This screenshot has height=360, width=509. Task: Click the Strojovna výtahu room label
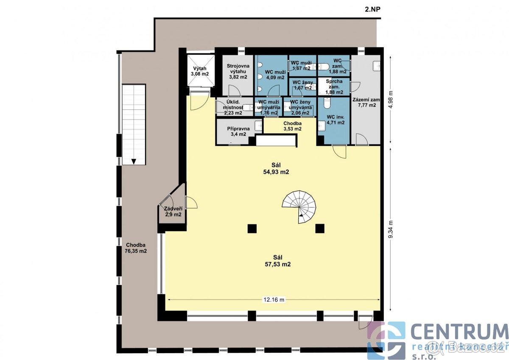(238, 71)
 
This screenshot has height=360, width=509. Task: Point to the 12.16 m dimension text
(274, 299)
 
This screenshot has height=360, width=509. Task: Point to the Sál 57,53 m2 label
(278, 260)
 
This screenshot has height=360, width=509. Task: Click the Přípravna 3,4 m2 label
(238, 131)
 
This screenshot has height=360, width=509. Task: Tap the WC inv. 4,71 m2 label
(335, 120)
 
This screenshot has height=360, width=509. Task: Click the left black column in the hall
(252, 229)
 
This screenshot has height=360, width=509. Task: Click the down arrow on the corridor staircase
(134, 161)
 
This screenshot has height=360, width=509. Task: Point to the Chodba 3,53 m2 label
(292, 126)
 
